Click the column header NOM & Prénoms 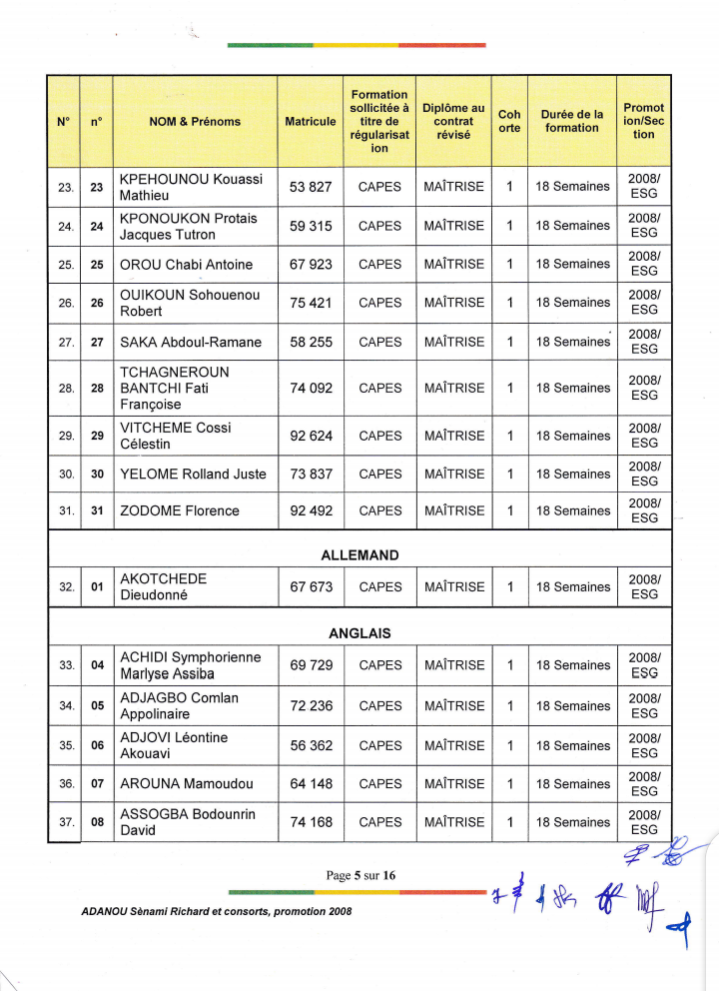click(x=195, y=122)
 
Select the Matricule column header click(x=311, y=122)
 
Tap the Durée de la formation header click(x=572, y=121)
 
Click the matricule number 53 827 click(x=311, y=187)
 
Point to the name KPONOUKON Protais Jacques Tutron click(x=188, y=227)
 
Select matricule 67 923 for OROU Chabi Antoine click(x=311, y=265)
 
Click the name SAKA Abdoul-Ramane click(x=191, y=343)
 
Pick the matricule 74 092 click(x=311, y=388)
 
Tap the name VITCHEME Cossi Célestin click(x=175, y=436)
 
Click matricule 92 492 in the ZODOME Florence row click(x=311, y=510)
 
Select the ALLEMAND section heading click(x=359, y=555)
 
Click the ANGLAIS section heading click(x=359, y=633)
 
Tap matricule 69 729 click(x=311, y=665)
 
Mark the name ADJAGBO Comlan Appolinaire click(x=179, y=706)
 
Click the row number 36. click(x=66, y=784)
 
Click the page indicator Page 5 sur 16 click(x=360, y=876)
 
